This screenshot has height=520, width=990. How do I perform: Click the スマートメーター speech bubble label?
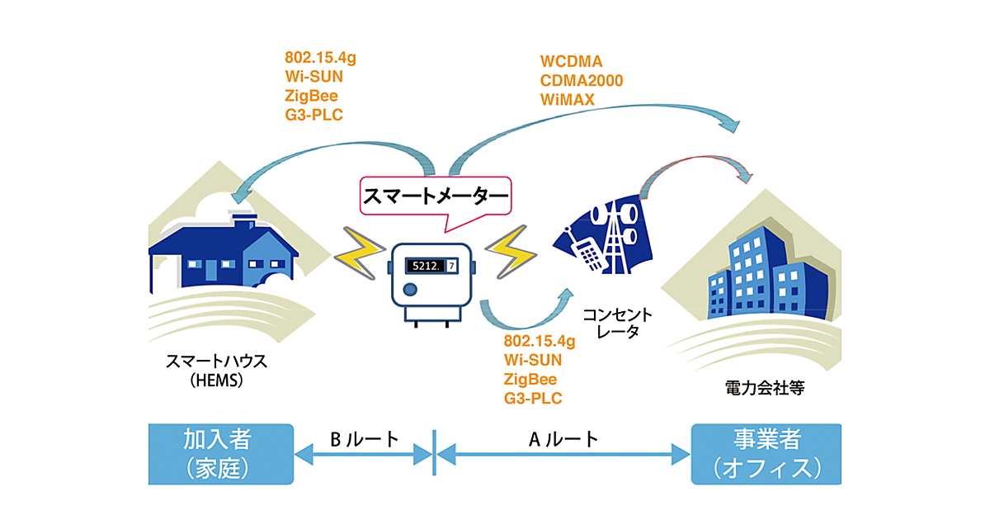435,199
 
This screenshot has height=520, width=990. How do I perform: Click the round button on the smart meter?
409,291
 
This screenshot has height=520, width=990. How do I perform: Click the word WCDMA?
571,62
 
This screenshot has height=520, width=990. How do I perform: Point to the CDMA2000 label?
582,81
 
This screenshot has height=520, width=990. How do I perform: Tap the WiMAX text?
568,100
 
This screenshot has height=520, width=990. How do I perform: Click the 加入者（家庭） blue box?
220,453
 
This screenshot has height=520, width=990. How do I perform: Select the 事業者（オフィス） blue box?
766,453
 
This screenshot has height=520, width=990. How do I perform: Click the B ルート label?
364,439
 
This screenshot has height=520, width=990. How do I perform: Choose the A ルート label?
563,439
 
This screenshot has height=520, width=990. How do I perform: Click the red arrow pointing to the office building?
697,161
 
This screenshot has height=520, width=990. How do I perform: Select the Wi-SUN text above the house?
313,77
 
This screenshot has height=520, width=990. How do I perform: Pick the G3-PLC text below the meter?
533,399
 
